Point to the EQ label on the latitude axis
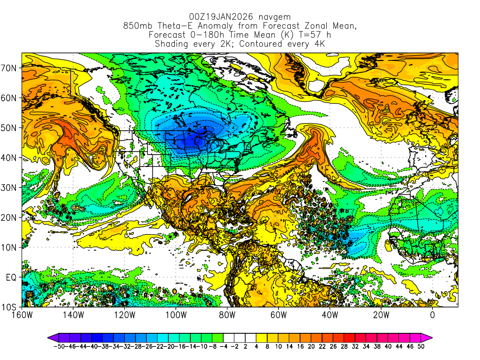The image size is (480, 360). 12,277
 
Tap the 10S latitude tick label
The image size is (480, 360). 10,307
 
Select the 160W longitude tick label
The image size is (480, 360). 22,315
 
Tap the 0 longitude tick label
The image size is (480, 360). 432,315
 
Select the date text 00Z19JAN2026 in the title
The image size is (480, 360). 216,17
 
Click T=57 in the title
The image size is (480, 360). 301,35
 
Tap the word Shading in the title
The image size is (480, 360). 172,44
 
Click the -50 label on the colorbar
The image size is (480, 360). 59,346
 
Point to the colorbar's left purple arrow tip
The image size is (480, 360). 49,337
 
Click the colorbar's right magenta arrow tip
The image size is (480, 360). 431,337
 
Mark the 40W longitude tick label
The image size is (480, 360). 330,315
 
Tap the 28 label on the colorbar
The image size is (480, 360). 347,346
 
